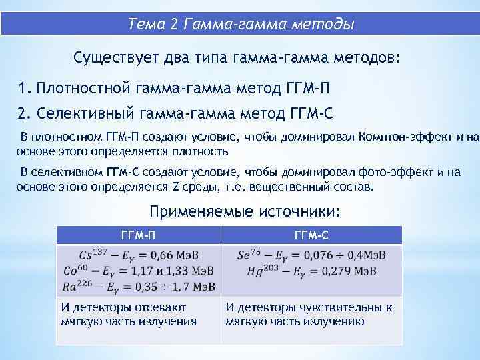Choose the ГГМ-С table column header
(311, 235)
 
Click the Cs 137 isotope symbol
(91, 254)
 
